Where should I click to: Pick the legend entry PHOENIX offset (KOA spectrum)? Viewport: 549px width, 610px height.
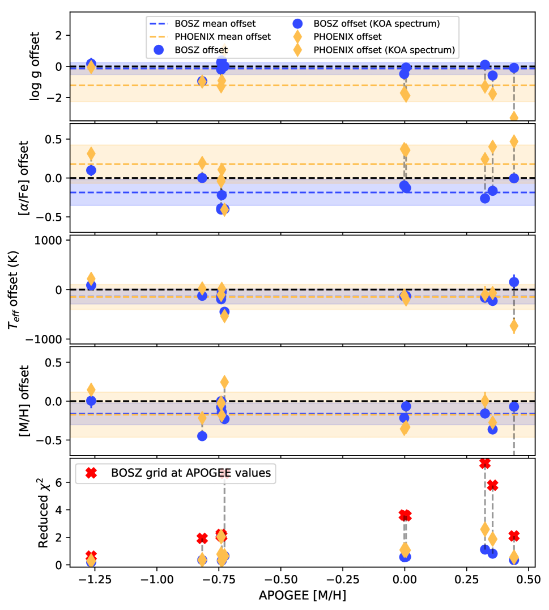[384, 50]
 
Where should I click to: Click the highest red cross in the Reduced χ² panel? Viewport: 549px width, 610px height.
[484, 463]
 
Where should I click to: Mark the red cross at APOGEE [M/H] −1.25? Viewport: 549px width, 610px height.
[91, 556]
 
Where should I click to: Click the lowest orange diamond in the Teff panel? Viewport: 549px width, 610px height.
[514, 326]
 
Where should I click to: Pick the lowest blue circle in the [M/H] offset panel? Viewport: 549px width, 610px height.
[202, 436]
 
